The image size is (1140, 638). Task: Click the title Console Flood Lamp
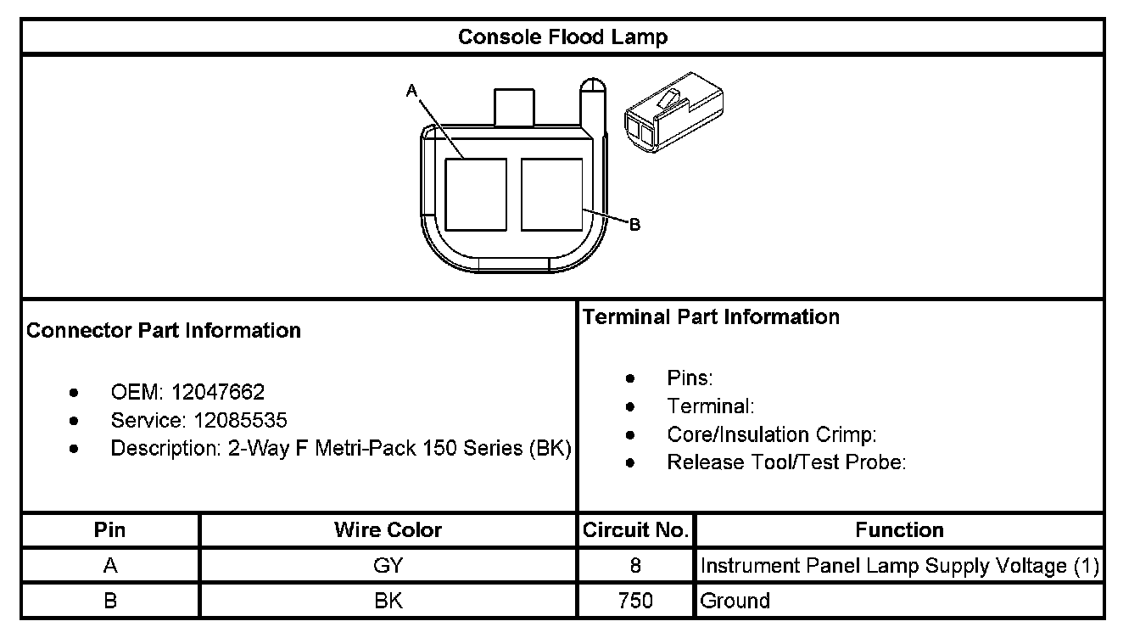coord(562,37)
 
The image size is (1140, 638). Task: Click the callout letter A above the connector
coord(411,90)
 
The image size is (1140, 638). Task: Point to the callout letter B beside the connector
coord(634,225)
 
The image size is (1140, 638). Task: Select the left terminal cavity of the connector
coord(476,194)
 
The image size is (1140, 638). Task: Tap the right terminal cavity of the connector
coord(551,194)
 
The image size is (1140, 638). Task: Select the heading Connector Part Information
coord(164,330)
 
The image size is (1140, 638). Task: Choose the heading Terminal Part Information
coord(711,317)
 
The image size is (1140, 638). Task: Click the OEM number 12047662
coord(218,392)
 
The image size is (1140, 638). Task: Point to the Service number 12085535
coord(240,420)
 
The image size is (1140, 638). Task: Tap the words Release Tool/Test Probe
coord(786,462)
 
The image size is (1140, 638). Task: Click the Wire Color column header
coord(388,530)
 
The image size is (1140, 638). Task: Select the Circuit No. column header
coord(635,530)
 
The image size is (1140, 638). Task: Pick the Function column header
coord(899,530)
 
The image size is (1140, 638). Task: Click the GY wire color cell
coord(388,566)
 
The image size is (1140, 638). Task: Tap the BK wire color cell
coord(388,601)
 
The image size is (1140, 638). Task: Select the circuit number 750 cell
coord(635,601)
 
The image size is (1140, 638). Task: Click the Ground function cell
coord(735,601)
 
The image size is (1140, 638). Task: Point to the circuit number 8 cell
coord(635,566)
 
